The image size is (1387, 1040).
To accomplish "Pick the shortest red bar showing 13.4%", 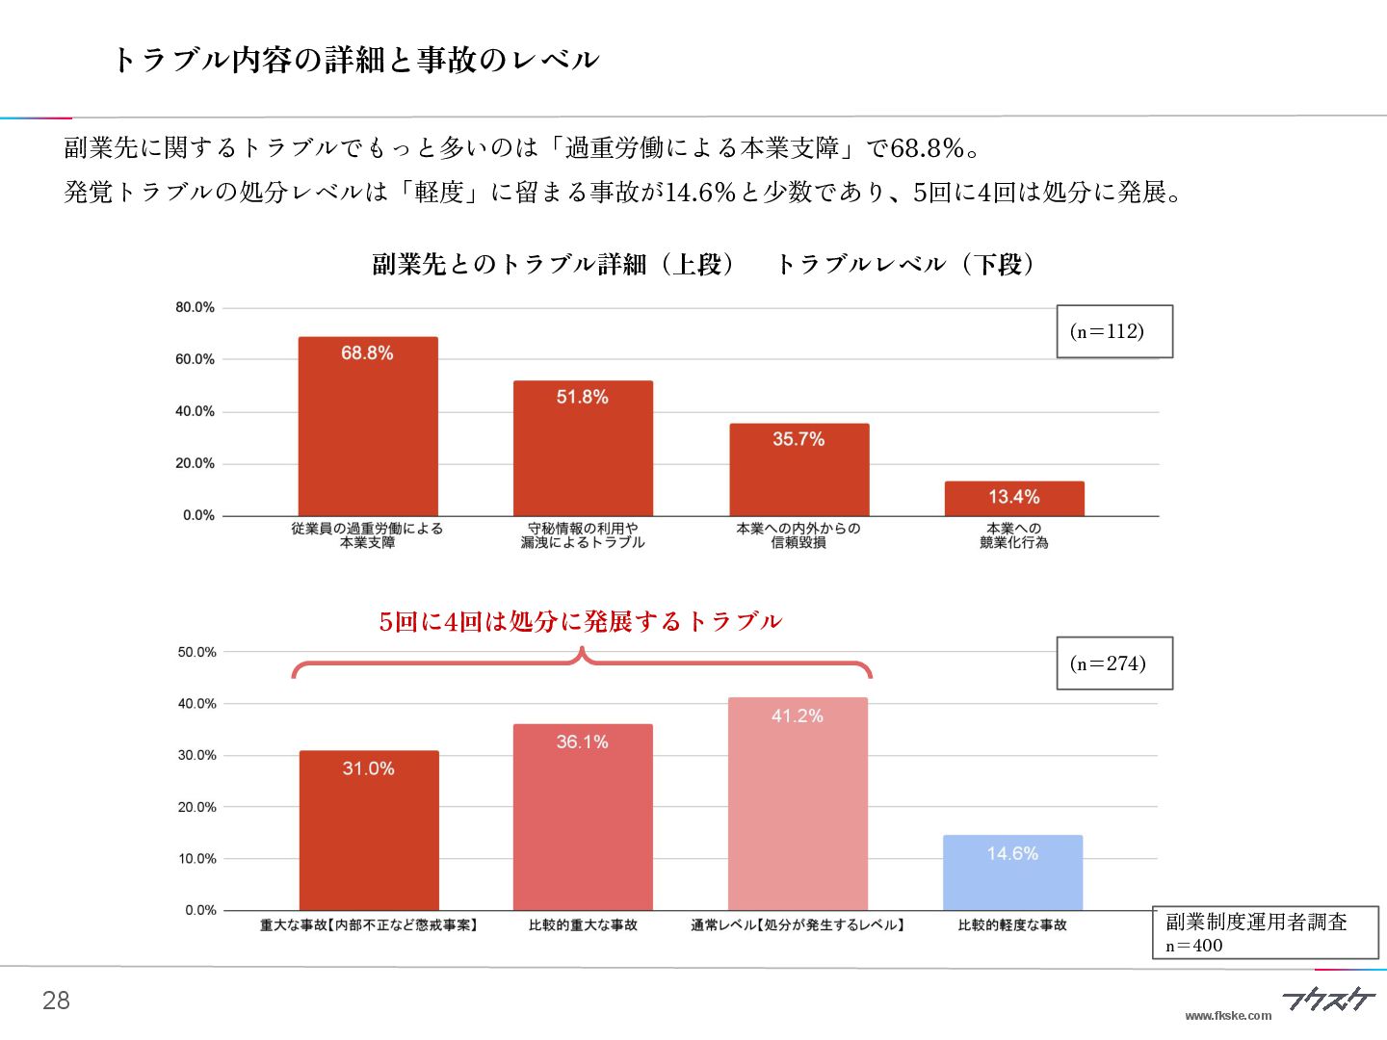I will [1014, 498].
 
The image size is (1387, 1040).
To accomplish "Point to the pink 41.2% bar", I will [798, 803].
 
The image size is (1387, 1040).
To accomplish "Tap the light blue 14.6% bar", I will [1012, 872].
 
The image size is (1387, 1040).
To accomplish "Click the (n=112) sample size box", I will [1114, 331].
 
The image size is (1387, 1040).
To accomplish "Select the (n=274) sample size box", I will [1114, 663].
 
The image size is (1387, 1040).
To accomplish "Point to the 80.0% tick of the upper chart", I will [195, 307].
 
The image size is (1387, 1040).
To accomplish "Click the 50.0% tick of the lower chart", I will [196, 652].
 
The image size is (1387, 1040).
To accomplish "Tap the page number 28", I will [56, 1001].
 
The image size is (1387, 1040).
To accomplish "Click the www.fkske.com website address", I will [1228, 1015].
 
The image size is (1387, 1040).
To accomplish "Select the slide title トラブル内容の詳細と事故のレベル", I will [355, 60].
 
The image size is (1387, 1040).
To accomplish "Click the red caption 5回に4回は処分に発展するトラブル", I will [580, 621].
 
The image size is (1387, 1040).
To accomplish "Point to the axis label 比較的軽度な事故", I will [1012, 925].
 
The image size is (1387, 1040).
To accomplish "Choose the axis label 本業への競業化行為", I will [1014, 535].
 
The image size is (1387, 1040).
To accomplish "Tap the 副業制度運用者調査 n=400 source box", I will [1265, 932].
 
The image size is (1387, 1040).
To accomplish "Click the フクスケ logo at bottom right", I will [1328, 999].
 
